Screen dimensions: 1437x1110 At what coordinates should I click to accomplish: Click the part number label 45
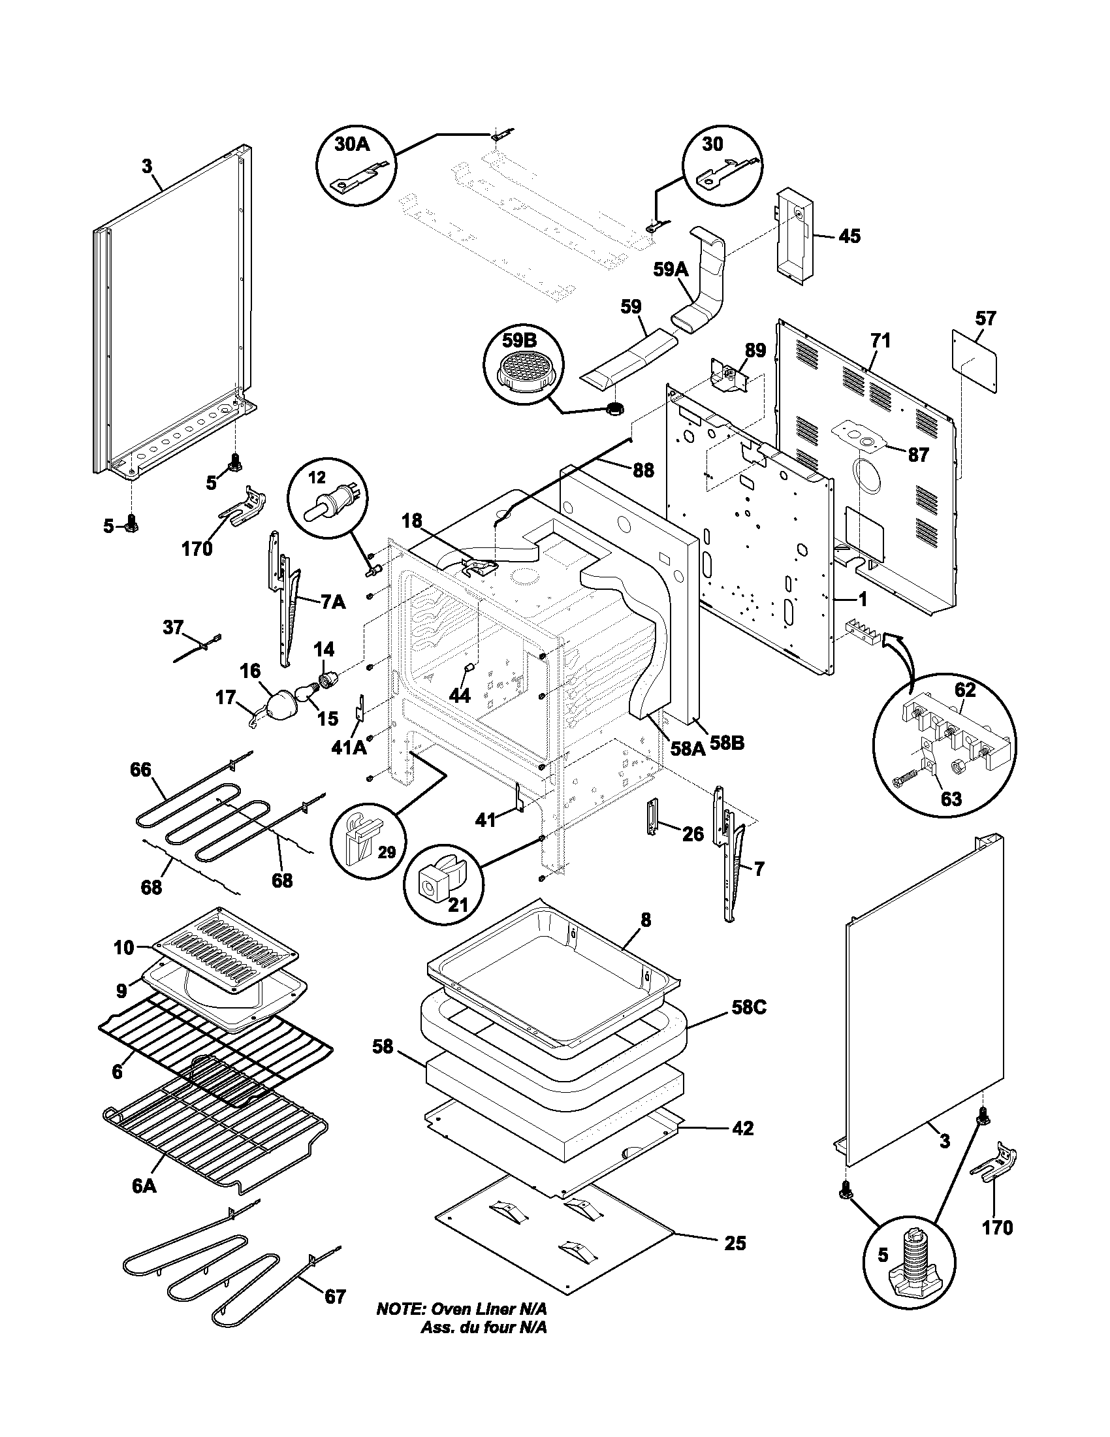pyautogui.click(x=849, y=236)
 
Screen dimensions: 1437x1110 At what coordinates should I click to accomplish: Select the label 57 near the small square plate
pyautogui.click(x=985, y=319)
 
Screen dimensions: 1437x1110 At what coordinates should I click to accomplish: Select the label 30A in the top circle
pyautogui.click(x=353, y=145)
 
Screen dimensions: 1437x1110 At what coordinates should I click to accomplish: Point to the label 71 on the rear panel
pyautogui.click(x=881, y=341)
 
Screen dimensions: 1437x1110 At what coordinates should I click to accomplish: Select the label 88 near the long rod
pyautogui.click(x=644, y=470)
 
